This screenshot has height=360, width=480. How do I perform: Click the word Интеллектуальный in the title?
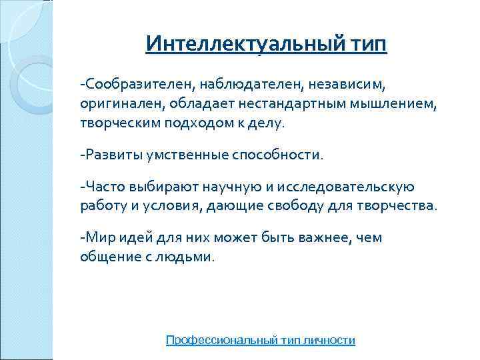(243, 45)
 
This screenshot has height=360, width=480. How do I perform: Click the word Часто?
(103, 187)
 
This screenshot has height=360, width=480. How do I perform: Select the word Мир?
(97, 237)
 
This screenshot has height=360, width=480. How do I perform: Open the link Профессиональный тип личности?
(260, 340)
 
